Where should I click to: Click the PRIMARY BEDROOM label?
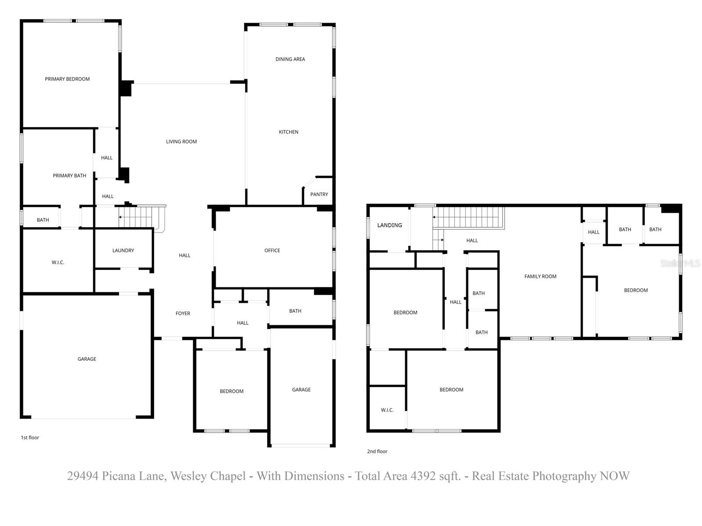(x=67, y=79)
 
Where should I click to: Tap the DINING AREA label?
(x=290, y=59)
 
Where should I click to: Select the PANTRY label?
(x=319, y=194)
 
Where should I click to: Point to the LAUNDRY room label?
(x=123, y=250)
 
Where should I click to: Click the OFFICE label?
(x=272, y=250)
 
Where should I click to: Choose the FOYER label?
(x=183, y=313)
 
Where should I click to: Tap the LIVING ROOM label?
(x=181, y=142)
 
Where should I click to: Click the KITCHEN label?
(x=288, y=132)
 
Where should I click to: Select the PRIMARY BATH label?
(x=69, y=176)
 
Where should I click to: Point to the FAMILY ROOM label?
(x=540, y=276)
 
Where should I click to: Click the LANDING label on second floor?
(x=389, y=225)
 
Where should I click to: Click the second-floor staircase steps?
(x=469, y=217)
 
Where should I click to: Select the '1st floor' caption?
(x=30, y=437)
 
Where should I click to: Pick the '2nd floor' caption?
(x=377, y=451)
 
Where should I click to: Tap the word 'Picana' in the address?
(x=118, y=476)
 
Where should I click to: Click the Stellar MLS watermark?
(x=680, y=263)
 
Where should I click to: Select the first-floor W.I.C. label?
(x=57, y=262)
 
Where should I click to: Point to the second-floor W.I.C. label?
(x=387, y=410)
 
